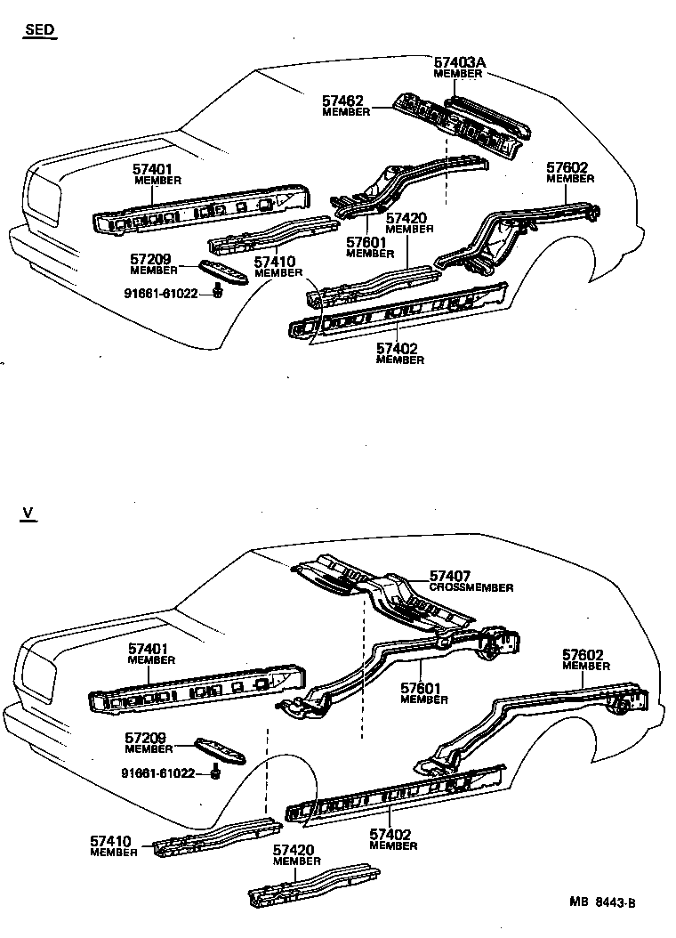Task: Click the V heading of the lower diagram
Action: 28,513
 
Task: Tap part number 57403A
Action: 460,63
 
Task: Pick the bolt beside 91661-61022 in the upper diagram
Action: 218,291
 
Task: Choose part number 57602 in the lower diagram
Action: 586,655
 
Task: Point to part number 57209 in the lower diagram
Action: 149,739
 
